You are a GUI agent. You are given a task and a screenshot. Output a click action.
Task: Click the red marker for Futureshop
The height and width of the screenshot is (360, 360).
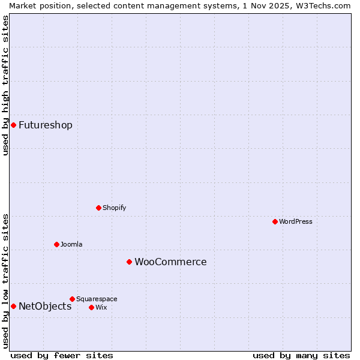[x=13, y=125]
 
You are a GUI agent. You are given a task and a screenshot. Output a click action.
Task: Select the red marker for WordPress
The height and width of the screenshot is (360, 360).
[x=275, y=221]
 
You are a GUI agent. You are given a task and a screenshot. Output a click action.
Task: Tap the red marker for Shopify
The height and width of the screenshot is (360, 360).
[x=98, y=208]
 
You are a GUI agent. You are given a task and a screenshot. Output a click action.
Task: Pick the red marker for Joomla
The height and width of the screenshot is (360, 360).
[x=56, y=244]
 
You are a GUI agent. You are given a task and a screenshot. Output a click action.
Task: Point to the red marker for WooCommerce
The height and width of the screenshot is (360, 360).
[x=129, y=262]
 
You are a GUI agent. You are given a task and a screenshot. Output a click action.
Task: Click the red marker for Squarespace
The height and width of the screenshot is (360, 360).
[x=72, y=299]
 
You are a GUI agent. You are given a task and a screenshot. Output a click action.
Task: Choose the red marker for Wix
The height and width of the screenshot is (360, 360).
[x=91, y=307]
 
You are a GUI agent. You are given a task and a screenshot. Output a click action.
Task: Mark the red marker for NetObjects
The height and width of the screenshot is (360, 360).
[x=13, y=306]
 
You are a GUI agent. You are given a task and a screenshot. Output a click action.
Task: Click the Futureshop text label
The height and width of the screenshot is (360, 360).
[x=46, y=125]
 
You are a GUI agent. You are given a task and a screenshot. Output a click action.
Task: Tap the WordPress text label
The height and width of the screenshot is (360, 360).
[x=296, y=221]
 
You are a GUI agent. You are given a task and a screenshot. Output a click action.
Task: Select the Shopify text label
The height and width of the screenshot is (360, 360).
[x=114, y=208]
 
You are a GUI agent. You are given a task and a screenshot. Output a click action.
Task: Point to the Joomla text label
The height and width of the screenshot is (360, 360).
[x=71, y=244]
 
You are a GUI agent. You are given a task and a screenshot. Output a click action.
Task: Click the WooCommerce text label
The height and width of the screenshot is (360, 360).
[x=170, y=262]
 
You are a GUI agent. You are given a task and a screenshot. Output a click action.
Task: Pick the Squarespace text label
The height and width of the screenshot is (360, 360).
[x=97, y=299]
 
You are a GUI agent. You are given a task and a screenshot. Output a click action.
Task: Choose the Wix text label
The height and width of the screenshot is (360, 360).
[x=101, y=307]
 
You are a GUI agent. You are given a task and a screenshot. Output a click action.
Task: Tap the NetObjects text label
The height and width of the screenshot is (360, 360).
[x=45, y=306]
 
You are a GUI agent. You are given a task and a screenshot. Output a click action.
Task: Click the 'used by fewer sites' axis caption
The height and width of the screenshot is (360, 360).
[x=62, y=355]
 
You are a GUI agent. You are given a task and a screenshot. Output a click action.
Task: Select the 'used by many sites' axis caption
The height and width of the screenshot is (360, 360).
[x=301, y=355]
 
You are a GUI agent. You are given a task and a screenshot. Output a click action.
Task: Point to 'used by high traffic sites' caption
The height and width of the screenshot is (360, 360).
[x=5, y=85]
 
